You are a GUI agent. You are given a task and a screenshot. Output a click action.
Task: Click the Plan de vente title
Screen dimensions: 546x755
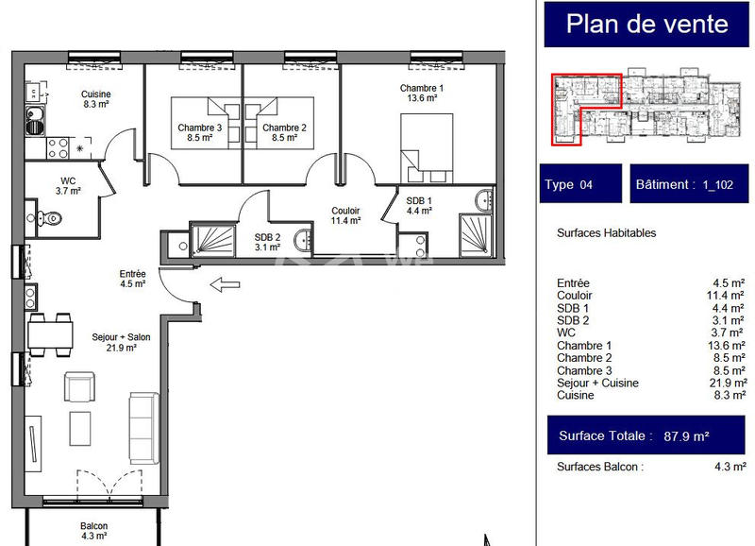tap(647, 25)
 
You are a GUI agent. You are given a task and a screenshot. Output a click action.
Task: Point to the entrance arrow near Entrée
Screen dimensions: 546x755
tap(225, 283)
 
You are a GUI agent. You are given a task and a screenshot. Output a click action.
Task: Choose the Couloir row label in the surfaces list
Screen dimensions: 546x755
tap(575, 296)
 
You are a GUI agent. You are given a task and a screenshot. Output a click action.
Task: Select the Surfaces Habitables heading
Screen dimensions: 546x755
tap(606, 232)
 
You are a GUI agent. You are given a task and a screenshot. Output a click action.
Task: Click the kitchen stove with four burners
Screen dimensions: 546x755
tap(57, 147)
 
